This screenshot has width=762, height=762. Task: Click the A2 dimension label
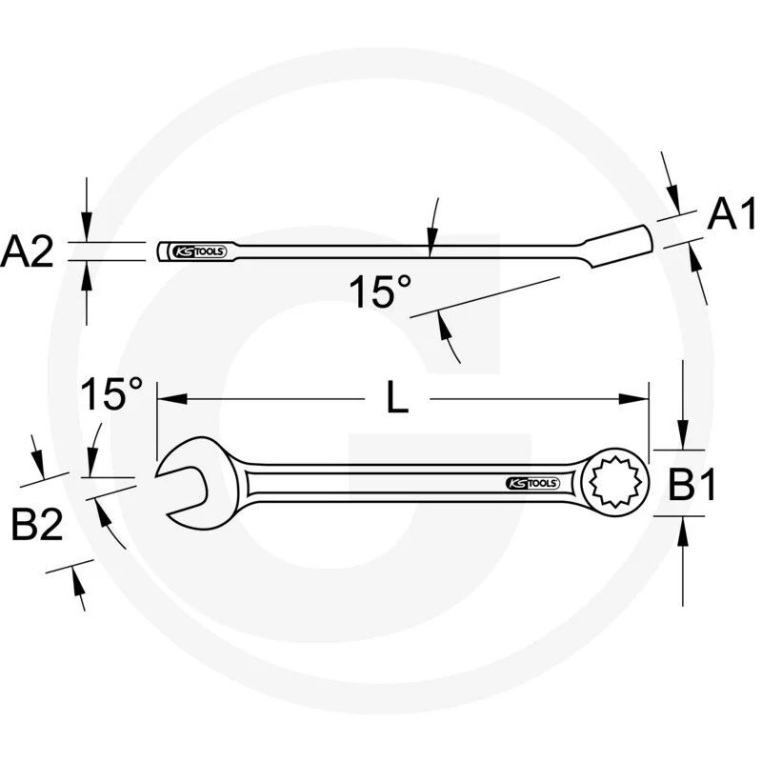(27, 253)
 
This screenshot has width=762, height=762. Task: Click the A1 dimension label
(732, 216)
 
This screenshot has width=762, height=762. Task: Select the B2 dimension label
(37, 524)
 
